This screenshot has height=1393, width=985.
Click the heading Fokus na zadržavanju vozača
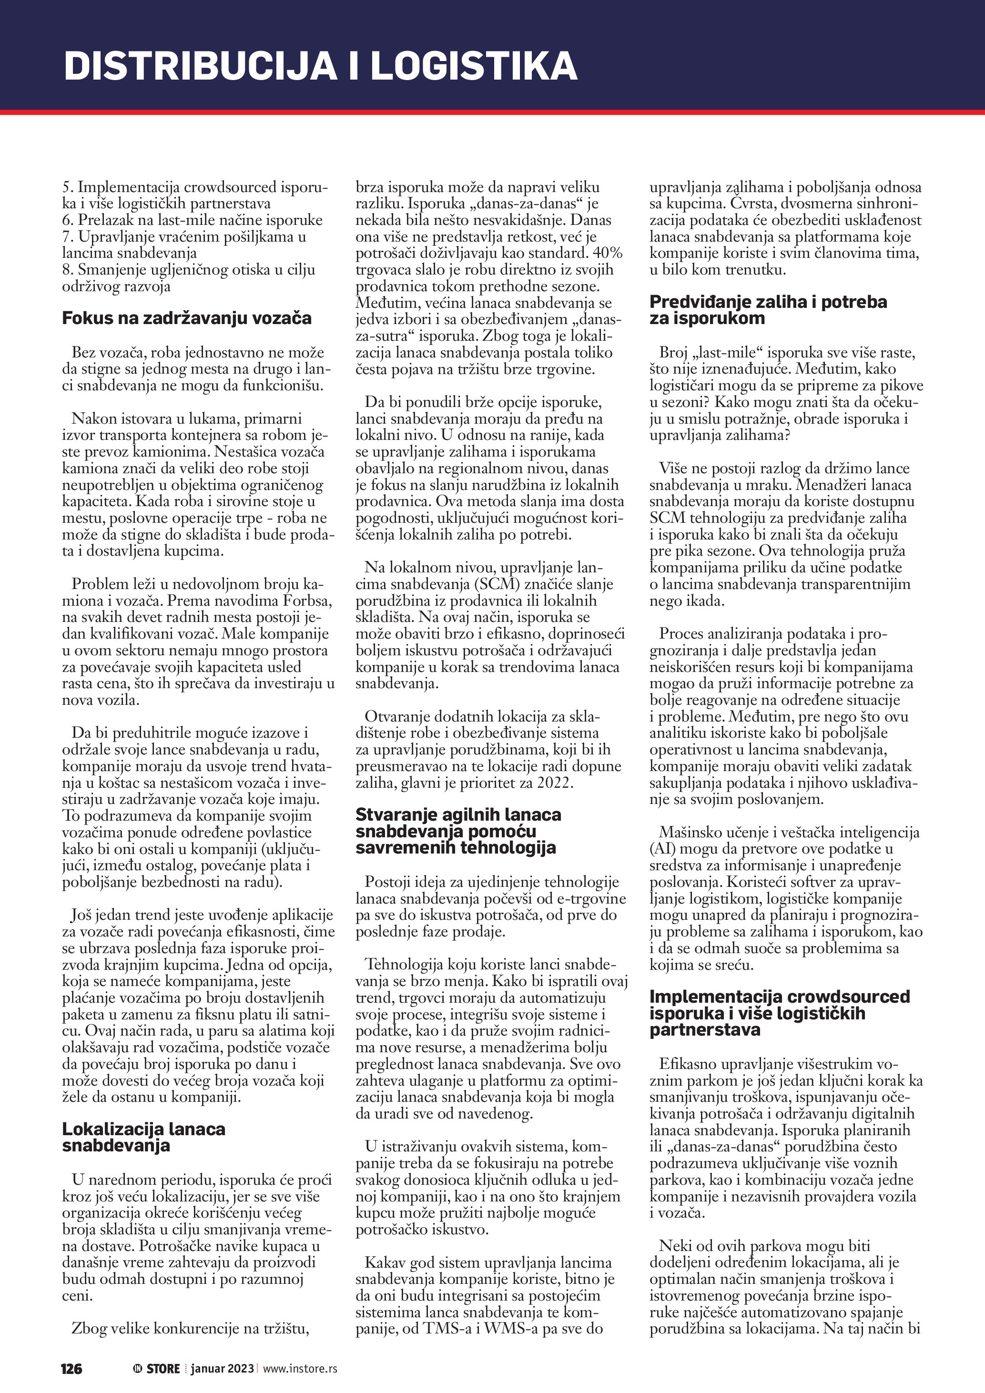coord(186,318)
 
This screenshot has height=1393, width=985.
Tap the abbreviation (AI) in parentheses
coord(661,849)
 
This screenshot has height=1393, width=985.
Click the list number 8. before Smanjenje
coord(67,269)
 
